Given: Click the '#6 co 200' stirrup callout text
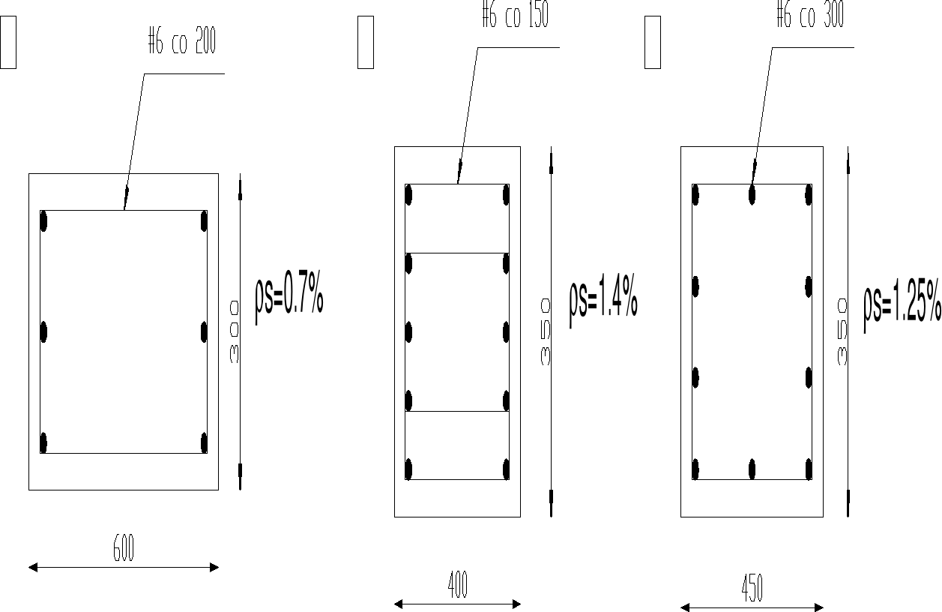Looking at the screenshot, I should coord(182,43).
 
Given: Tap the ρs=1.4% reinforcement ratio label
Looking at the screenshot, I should coord(603,300).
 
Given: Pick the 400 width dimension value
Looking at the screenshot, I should coord(457,585).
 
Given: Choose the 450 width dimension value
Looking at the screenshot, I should coord(752,589).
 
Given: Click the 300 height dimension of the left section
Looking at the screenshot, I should coord(234,332).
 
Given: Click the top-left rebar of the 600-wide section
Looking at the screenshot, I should coord(43,221).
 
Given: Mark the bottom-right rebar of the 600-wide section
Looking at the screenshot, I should coord(204,442).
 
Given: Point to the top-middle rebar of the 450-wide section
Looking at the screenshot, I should coord(752,194).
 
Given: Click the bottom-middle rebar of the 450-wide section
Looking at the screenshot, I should coord(752,469).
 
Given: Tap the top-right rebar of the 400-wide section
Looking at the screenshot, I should coord(507,194).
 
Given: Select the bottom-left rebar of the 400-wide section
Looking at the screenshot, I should coord(408,469).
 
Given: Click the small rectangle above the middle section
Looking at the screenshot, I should coord(366,42).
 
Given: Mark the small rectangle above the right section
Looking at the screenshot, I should coord(652,42).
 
